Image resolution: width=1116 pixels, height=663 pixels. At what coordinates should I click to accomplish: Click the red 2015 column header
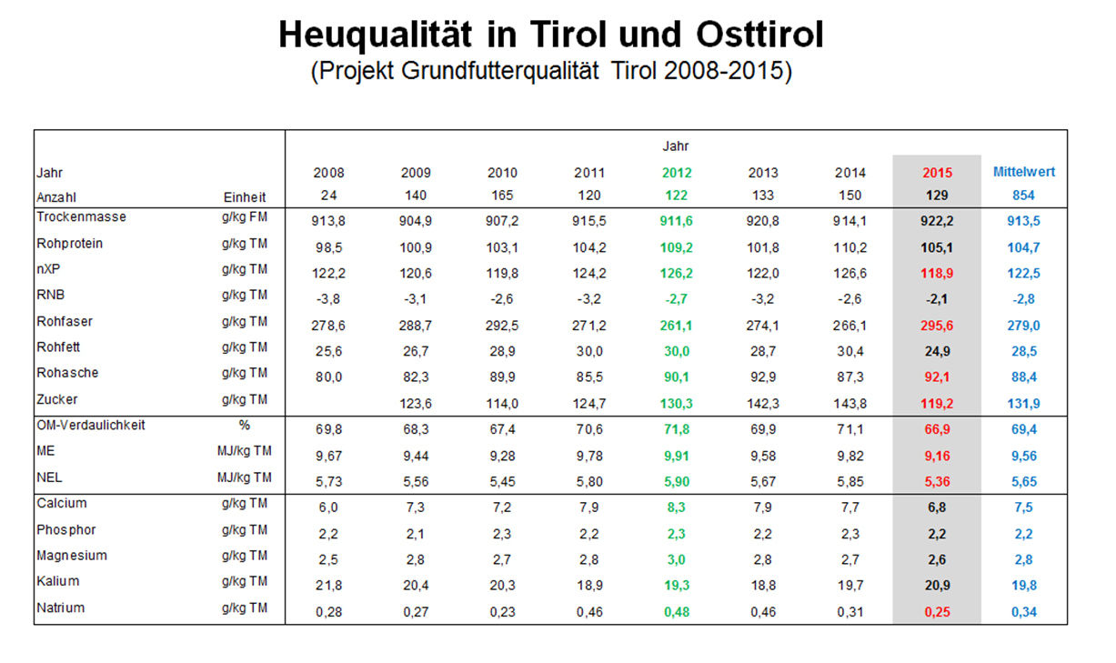click(938, 172)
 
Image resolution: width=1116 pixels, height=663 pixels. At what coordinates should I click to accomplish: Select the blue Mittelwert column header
click(1024, 171)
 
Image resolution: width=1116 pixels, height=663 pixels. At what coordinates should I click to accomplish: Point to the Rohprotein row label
click(70, 244)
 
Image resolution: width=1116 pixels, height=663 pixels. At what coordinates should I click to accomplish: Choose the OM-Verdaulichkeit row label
click(91, 425)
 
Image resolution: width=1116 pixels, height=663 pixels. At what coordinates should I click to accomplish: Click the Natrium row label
click(61, 608)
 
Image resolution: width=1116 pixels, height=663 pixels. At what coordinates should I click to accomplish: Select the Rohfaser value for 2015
click(938, 325)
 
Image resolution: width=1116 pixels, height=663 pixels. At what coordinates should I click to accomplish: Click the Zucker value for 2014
click(850, 403)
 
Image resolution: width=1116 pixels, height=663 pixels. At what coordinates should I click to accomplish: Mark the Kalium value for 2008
click(329, 585)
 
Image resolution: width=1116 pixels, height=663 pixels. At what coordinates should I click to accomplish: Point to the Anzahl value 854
click(1024, 196)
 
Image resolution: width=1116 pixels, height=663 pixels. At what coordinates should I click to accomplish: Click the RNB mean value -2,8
click(1024, 298)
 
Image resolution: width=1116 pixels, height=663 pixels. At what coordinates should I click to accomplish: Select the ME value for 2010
click(502, 455)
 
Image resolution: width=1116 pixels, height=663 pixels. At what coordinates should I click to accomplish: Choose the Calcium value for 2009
click(416, 507)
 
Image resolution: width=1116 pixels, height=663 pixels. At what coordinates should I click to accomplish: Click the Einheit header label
click(245, 196)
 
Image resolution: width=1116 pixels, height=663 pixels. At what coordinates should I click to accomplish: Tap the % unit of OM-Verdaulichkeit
click(245, 425)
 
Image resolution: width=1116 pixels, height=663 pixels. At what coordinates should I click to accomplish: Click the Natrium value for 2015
click(938, 612)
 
